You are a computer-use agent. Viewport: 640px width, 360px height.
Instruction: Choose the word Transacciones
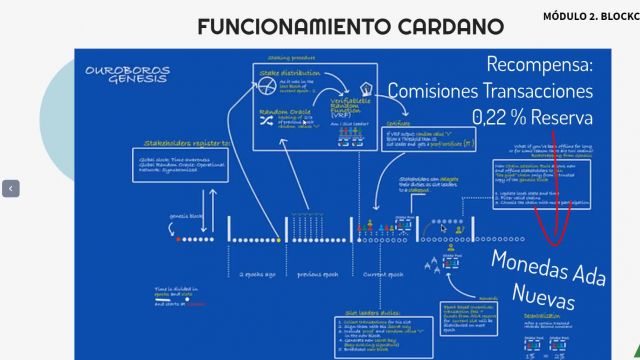click(x=549, y=91)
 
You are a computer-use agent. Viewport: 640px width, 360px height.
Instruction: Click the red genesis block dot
click(x=178, y=239)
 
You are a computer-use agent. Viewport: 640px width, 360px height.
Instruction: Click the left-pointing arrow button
click(x=11, y=188)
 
